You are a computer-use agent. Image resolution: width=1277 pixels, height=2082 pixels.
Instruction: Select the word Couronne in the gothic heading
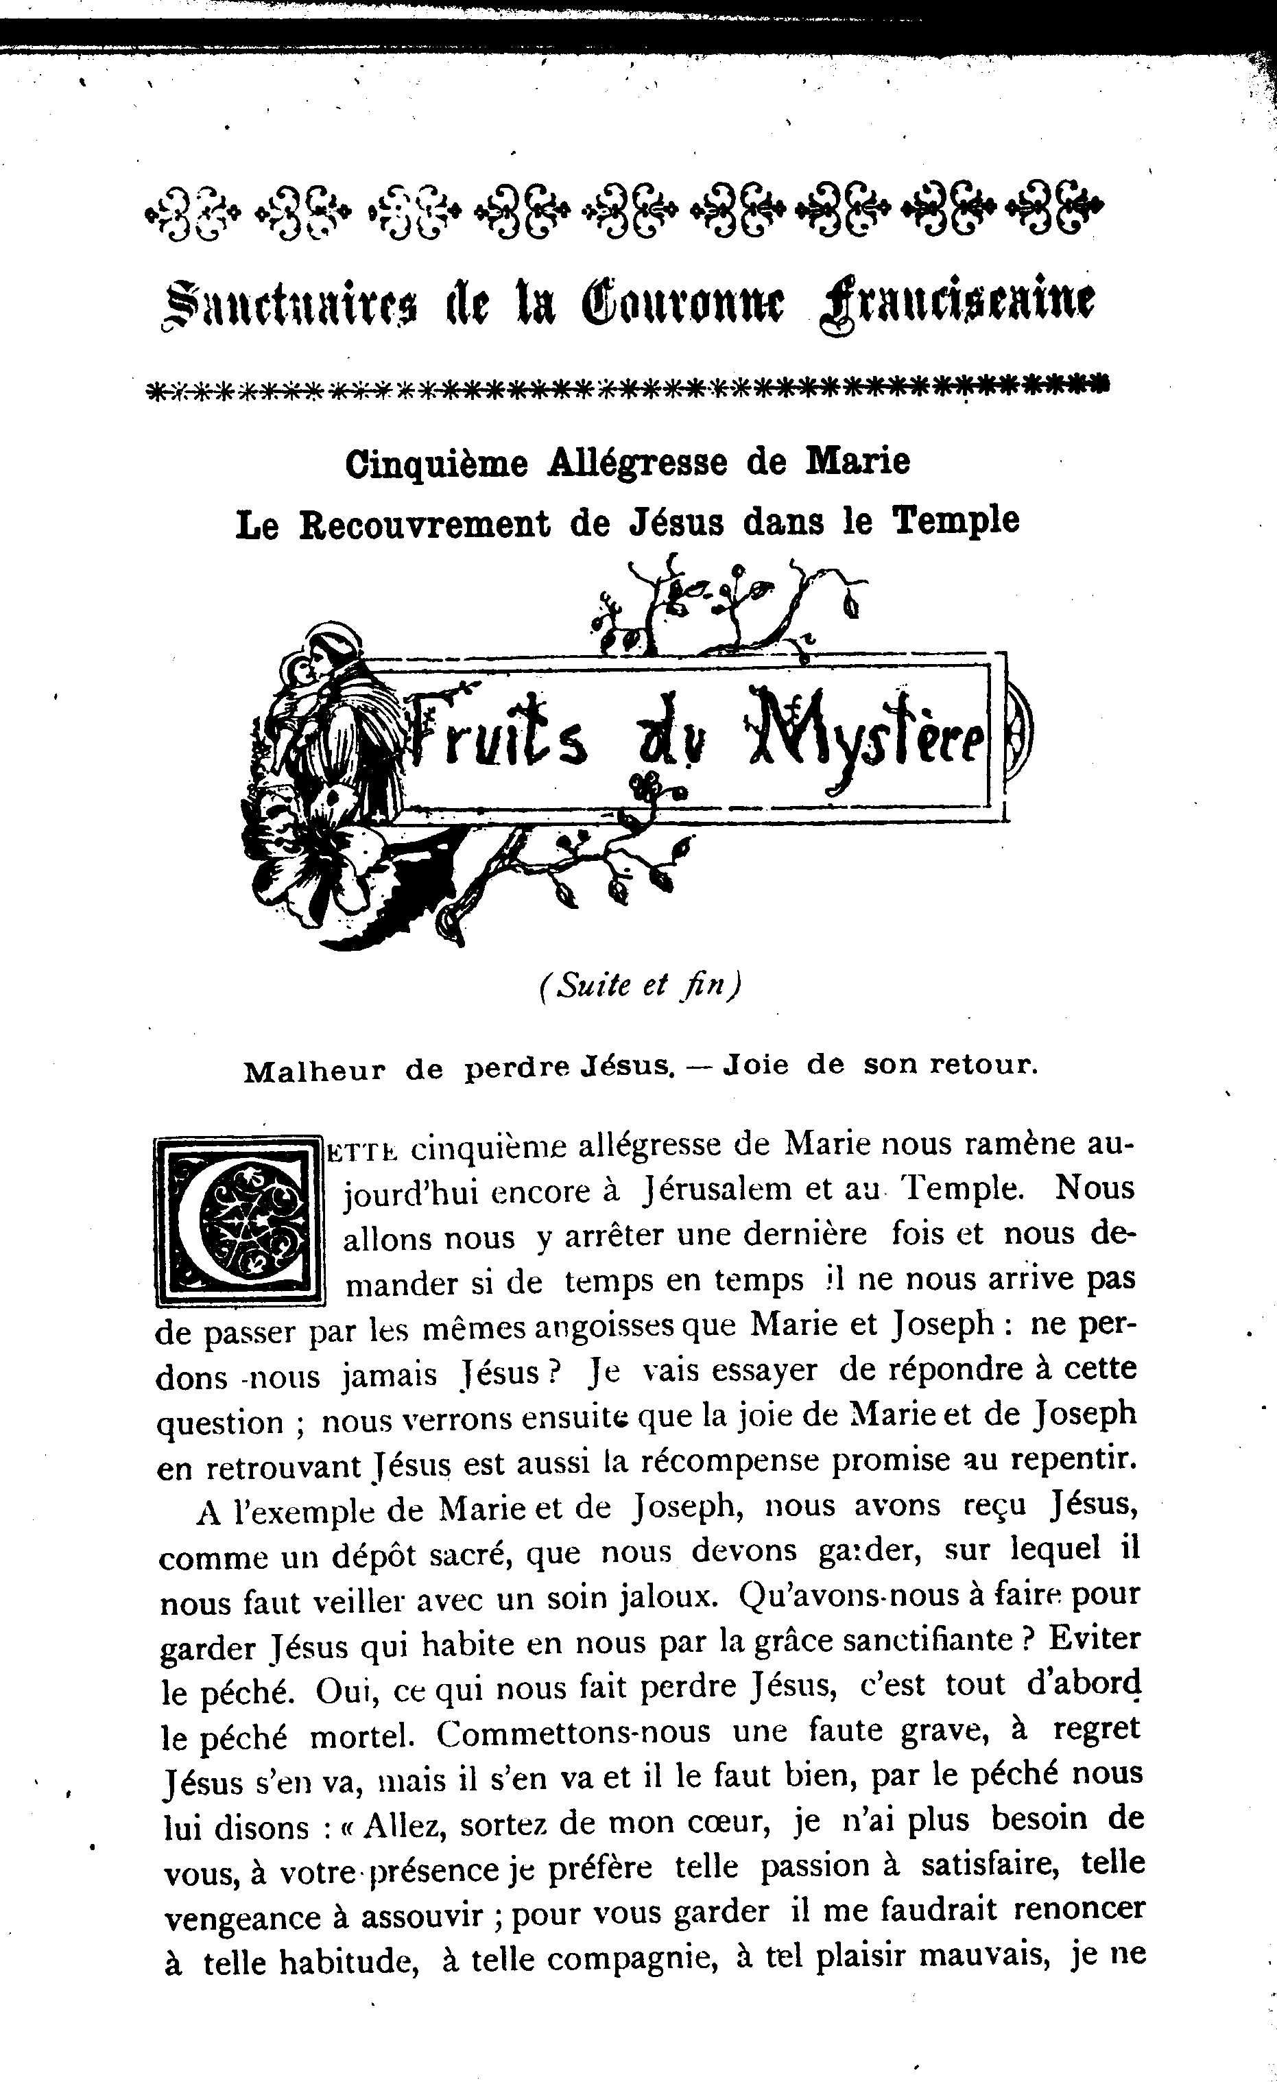[682, 304]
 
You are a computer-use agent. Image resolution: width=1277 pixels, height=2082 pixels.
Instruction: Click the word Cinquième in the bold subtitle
[435, 463]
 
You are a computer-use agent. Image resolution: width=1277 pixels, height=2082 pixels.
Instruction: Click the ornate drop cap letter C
[240, 1221]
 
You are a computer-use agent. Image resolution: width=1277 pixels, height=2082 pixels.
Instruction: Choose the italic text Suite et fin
[639, 985]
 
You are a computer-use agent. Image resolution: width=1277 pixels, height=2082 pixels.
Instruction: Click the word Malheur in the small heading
[314, 1072]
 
